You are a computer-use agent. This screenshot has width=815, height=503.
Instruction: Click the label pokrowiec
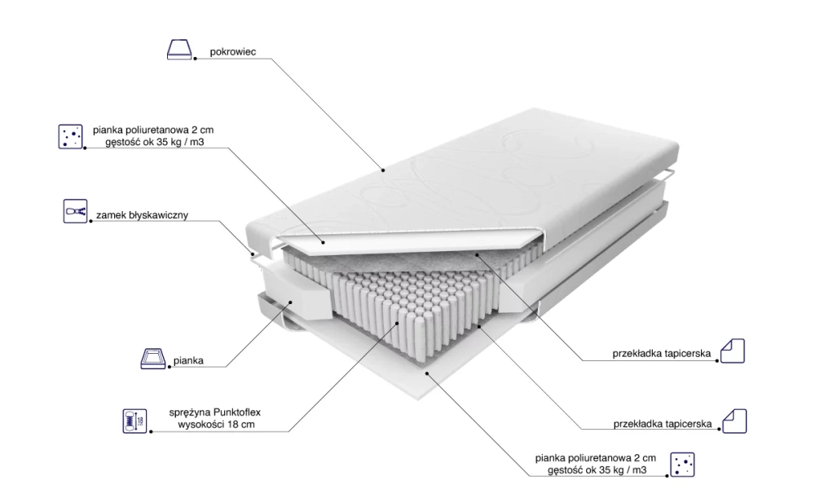[x=233, y=52]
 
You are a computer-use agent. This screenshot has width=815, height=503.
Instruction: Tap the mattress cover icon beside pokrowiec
[x=179, y=50]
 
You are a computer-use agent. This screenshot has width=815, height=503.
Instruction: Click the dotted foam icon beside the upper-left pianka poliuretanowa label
[x=70, y=136]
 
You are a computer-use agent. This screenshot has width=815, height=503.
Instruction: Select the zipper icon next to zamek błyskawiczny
[x=75, y=211]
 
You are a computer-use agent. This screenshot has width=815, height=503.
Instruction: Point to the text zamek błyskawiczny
[x=142, y=215]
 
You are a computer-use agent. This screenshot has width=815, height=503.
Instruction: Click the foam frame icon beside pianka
[x=153, y=359]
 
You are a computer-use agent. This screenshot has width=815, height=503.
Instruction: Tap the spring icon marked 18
[x=135, y=421]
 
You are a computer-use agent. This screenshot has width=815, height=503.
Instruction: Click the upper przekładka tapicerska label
[x=661, y=354]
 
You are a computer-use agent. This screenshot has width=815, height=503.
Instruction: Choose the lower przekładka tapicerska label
[x=662, y=424]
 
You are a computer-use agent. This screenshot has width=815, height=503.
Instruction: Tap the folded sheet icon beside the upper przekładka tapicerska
[x=733, y=351]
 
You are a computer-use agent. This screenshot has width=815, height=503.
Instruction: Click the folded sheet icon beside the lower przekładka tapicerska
[x=734, y=421]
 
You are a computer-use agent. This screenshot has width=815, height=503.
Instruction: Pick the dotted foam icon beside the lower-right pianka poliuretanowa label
[x=682, y=464]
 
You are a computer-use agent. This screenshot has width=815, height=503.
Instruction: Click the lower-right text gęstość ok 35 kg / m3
[x=597, y=470]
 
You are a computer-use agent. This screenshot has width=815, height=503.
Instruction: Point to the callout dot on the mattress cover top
[x=383, y=170]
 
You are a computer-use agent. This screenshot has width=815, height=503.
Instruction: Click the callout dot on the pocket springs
[x=398, y=323]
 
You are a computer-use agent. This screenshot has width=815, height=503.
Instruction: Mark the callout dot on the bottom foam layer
[x=427, y=373]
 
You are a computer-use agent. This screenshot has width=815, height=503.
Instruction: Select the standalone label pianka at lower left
[x=188, y=360]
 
